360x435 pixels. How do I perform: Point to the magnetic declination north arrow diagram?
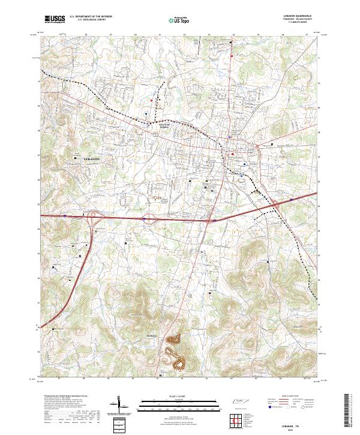[119, 404]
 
